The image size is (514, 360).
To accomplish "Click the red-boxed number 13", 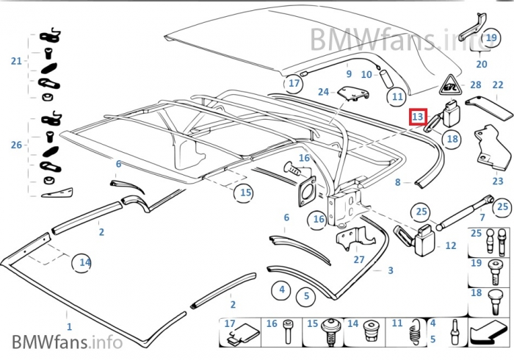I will point(418,116).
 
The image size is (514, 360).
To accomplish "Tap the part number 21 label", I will point(16,61).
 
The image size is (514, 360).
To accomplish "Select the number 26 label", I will point(16,145).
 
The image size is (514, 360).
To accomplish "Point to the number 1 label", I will point(70,325).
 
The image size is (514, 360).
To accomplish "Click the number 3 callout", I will point(391,270).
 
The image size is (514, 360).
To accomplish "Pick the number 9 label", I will point(349,74).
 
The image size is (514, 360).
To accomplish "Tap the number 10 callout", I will point(366,74).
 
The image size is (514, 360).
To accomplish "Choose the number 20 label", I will point(482,65).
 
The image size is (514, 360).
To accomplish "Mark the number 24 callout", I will point(323,93).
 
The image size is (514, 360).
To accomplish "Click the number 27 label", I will point(358,259).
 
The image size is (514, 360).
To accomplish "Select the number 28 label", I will point(476,86).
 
